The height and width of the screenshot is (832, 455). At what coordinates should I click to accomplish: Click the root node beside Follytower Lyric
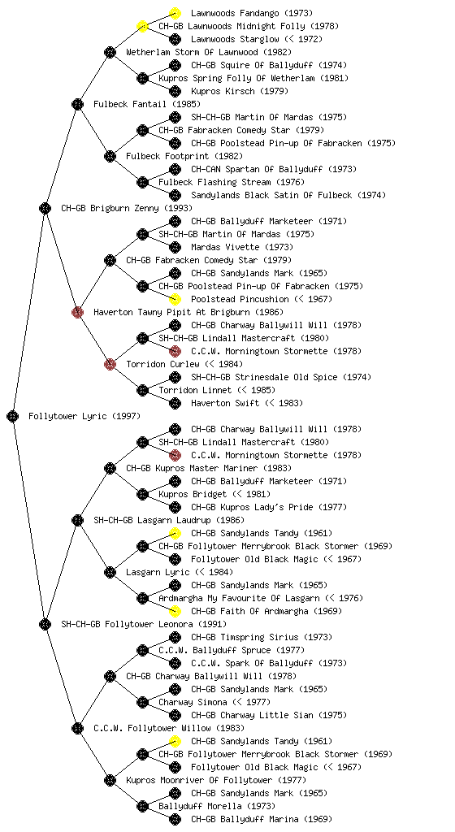click(x=13, y=416)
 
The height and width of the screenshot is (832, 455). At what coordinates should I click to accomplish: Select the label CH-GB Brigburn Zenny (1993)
click(x=127, y=208)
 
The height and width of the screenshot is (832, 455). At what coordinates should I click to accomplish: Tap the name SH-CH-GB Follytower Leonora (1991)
click(x=144, y=624)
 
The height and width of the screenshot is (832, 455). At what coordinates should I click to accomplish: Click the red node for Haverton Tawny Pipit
click(x=77, y=312)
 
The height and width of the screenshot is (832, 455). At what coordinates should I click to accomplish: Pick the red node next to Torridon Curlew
click(x=110, y=364)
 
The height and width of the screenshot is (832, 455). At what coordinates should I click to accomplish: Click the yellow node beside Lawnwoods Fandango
click(x=175, y=13)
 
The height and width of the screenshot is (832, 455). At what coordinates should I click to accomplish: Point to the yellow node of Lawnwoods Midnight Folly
click(x=142, y=26)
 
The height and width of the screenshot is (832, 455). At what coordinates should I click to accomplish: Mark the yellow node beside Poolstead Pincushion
click(x=175, y=299)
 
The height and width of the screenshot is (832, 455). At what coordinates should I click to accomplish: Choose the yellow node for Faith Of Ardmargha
click(x=175, y=611)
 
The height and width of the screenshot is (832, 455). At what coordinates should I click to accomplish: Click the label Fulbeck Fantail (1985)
click(x=147, y=104)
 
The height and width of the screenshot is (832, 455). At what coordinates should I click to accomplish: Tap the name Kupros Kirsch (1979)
click(x=240, y=91)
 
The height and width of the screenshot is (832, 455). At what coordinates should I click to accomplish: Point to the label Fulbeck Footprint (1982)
click(x=184, y=156)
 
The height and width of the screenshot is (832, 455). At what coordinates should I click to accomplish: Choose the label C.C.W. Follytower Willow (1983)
click(x=169, y=728)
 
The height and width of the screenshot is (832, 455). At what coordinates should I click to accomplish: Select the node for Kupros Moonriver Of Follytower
click(x=110, y=780)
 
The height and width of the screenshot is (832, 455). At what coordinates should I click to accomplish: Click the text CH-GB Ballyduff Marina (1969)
click(x=262, y=819)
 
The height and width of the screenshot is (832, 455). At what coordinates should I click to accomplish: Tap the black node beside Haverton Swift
click(x=175, y=403)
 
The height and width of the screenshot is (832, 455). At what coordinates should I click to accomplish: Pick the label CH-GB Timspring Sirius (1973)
click(x=262, y=637)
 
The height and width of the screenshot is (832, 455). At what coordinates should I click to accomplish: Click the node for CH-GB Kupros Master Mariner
click(x=110, y=468)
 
